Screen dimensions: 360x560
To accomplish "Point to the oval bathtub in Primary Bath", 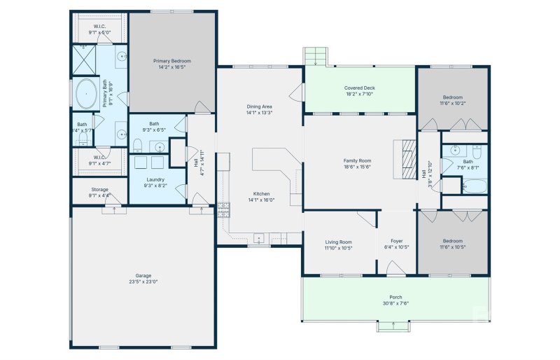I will point(87,94).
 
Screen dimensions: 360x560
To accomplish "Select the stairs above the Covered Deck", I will point(315,56).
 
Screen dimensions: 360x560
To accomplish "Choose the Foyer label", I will point(397,242).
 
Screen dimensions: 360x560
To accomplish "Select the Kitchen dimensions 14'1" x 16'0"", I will point(262,200).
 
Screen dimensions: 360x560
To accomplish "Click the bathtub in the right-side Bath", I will point(474,186).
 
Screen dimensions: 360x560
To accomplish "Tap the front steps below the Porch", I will point(393,326).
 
